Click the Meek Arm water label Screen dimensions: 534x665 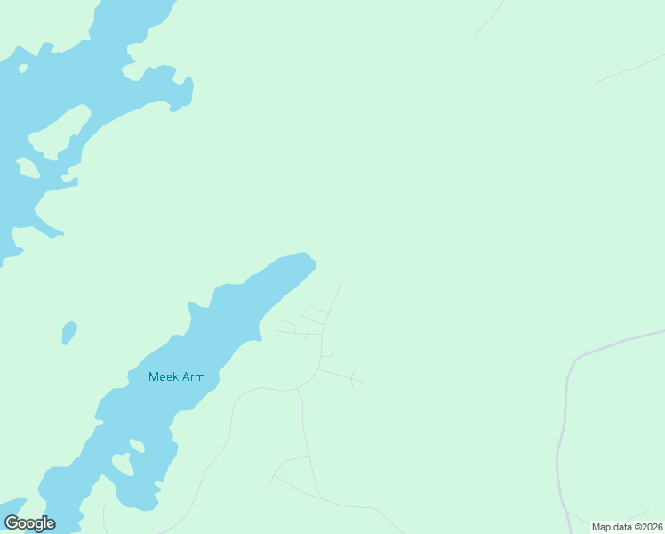[x=177, y=376]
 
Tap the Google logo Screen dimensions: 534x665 [x=30, y=523]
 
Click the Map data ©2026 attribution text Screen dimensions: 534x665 [x=628, y=527]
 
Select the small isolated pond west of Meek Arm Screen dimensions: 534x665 [x=68, y=333]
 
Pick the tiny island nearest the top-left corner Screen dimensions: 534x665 [x=22, y=68]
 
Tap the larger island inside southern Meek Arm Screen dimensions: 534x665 [x=122, y=464]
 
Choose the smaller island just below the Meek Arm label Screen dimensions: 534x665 [x=137, y=445]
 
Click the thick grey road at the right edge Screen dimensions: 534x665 [x=622, y=342]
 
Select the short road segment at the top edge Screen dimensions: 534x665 [x=490, y=17]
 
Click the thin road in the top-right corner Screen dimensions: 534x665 [x=629, y=69]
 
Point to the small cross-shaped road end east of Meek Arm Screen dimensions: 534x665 [x=353, y=380]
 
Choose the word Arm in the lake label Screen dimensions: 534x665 [x=194, y=376]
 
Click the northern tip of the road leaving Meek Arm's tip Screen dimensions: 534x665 [x=341, y=280]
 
